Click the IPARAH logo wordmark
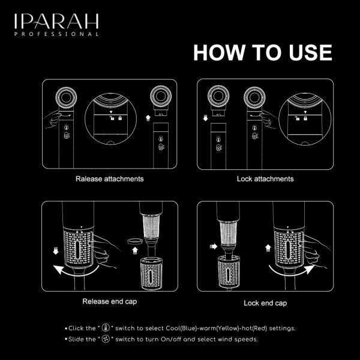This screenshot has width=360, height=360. click(x=56, y=21)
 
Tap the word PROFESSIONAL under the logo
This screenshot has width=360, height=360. click(x=56, y=34)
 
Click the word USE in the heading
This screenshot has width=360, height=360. click(x=310, y=52)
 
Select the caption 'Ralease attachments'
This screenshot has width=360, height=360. click(x=110, y=179)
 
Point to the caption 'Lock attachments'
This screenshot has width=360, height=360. click(x=265, y=179)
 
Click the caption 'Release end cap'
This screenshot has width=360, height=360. click(x=110, y=301)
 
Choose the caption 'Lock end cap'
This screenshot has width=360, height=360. click(x=265, y=303)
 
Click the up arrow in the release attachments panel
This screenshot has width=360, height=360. click(x=148, y=118)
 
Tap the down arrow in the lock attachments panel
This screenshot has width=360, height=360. click(x=205, y=118)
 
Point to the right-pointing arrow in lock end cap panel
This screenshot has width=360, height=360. click(x=214, y=247)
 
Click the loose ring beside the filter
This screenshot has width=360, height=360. click(x=135, y=241)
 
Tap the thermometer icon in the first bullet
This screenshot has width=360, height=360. click(x=106, y=328)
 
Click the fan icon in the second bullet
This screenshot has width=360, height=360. click(x=106, y=339)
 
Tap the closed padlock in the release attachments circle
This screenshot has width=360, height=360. click(x=120, y=118)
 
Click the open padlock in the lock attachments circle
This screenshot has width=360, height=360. click(x=297, y=118)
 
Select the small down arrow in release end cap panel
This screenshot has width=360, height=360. click(x=56, y=251)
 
